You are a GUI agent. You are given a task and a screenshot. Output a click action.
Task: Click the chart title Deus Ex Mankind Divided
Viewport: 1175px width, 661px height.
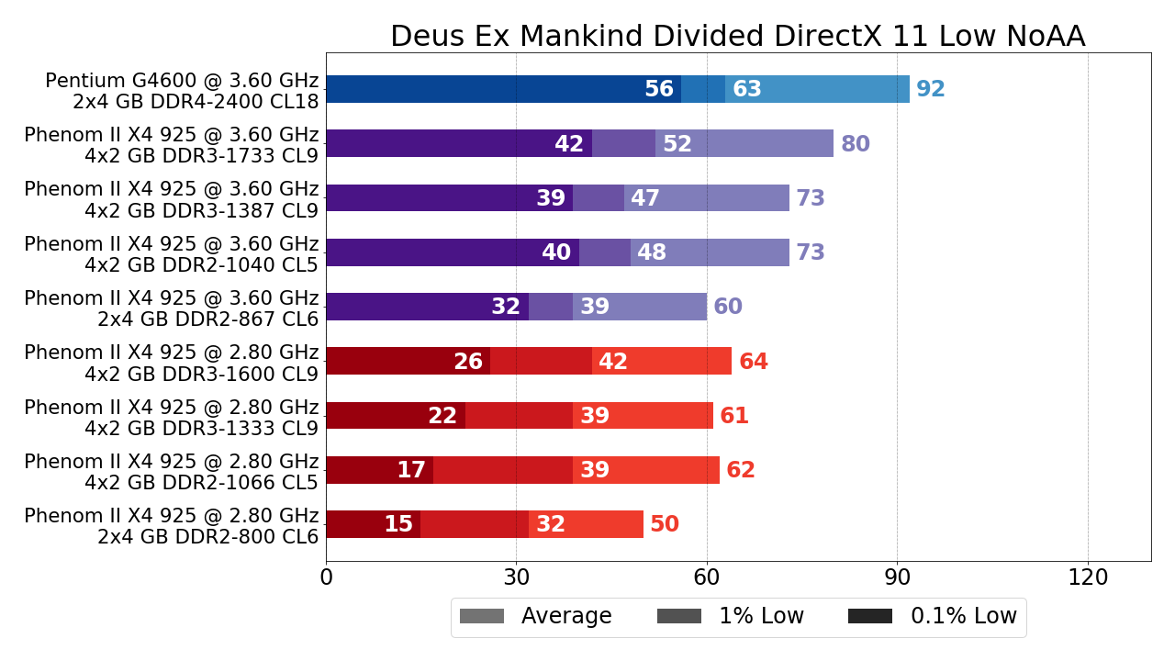click(x=737, y=37)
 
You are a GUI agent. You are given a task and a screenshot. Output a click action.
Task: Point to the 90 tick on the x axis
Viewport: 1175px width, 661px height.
click(x=897, y=577)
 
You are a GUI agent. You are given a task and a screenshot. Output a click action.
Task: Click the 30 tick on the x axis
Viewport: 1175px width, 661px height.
click(x=516, y=577)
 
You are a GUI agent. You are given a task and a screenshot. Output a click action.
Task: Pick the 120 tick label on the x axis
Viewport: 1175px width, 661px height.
click(x=1088, y=577)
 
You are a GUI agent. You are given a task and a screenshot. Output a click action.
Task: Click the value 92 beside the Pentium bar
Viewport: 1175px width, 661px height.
click(x=931, y=89)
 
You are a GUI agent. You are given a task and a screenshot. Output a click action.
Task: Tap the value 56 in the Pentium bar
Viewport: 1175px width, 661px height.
click(x=659, y=89)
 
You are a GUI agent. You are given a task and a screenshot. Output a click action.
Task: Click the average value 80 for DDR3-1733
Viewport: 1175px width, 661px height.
click(x=856, y=144)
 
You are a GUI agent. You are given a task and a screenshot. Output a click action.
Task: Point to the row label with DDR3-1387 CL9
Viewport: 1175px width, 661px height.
click(x=172, y=199)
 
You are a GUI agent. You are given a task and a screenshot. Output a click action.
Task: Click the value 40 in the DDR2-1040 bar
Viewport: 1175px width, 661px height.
click(x=556, y=252)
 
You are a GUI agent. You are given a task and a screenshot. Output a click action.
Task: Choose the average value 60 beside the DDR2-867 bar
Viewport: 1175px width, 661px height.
click(x=728, y=307)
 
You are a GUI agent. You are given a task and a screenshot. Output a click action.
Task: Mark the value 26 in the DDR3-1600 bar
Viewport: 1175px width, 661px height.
click(x=468, y=362)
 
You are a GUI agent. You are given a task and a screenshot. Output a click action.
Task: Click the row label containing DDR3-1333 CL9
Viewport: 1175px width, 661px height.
click(x=172, y=417)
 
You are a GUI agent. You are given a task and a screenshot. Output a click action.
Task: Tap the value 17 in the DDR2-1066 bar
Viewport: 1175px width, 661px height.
click(x=411, y=470)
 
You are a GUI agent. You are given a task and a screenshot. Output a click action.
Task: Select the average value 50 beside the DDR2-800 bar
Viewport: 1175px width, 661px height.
click(x=665, y=524)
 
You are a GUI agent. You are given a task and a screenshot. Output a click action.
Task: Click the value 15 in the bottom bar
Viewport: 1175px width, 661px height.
click(x=398, y=524)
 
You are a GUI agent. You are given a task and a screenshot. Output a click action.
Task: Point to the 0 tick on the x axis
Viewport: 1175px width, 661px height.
click(x=326, y=577)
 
